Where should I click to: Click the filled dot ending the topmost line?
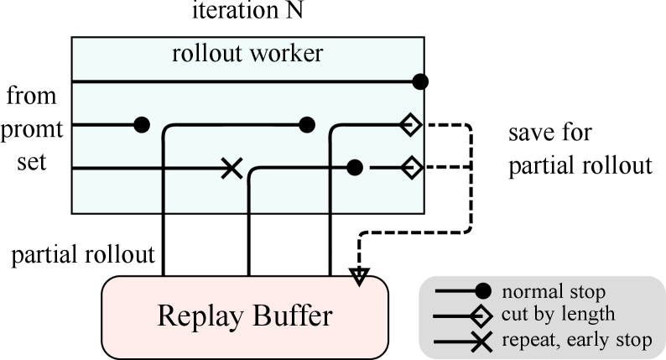[420, 81]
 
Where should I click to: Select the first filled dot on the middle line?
[142, 125]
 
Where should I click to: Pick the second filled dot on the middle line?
[307, 125]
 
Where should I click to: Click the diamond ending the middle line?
[410, 125]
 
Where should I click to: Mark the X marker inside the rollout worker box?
[232, 168]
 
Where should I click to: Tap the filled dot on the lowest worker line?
[355, 168]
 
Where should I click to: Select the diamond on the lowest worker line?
[410, 168]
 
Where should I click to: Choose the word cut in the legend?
[513, 316]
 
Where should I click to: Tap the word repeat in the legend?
[526, 341]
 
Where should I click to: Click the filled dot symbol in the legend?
[482, 292]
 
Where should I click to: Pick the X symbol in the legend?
[482, 340]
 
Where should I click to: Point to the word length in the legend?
[591, 316]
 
